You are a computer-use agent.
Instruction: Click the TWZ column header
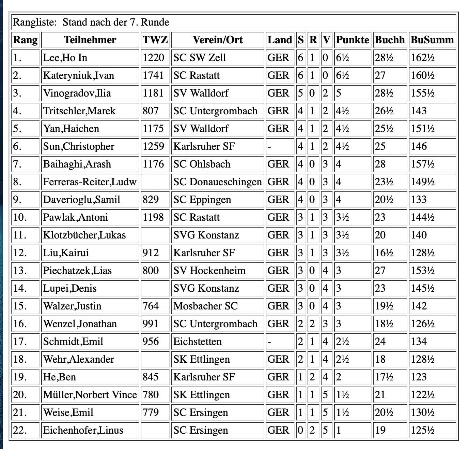[155, 40]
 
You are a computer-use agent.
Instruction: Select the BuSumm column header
[432, 40]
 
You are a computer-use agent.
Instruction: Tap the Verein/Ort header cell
[218, 40]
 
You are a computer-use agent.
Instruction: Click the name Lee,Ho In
[65, 58]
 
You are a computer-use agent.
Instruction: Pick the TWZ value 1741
[153, 75]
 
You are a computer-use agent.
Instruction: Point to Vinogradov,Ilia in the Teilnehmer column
[77, 93]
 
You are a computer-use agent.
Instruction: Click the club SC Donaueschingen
[217, 182]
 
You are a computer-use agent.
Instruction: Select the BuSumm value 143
[419, 111]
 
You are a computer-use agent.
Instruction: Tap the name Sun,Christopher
[79, 146]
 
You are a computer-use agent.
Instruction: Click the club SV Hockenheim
[209, 271]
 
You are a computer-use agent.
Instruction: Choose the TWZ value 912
[151, 253]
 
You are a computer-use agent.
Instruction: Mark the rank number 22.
[20, 430]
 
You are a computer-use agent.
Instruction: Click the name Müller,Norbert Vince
[90, 395]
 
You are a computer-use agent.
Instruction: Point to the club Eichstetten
[197, 342]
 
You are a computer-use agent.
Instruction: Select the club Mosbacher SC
[205, 306]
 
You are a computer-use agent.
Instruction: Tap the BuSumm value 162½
[422, 58]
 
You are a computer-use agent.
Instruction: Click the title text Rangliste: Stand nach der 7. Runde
[91, 23]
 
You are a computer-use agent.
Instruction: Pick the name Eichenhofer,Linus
[83, 430]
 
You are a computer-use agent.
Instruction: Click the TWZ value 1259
[153, 146]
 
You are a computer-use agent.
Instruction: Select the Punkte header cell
[352, 40]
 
